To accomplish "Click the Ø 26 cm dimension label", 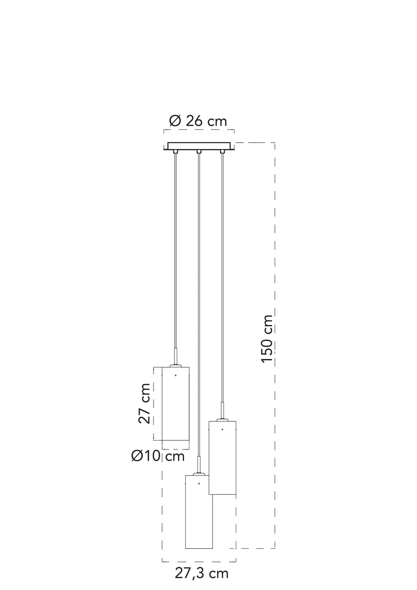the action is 198,121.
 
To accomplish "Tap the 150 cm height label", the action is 267,339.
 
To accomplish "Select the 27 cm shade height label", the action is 144,403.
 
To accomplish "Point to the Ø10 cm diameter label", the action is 158,456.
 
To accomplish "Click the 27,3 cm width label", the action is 202,571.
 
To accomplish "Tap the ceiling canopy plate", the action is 199,146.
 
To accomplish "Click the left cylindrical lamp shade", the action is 176,403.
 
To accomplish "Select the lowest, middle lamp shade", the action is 199,512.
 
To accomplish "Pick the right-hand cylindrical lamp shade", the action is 222,458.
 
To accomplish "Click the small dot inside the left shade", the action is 176,375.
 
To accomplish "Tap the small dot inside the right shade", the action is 222,429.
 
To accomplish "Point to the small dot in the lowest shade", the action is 199,484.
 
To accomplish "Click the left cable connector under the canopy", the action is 176,152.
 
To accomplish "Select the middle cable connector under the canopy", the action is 199,152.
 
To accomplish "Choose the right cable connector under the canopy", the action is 223,152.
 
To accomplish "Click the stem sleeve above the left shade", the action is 176,356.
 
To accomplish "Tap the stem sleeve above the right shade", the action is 222,410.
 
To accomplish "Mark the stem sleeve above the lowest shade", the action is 199,465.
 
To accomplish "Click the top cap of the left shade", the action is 176,365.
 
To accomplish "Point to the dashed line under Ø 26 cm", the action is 199,130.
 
